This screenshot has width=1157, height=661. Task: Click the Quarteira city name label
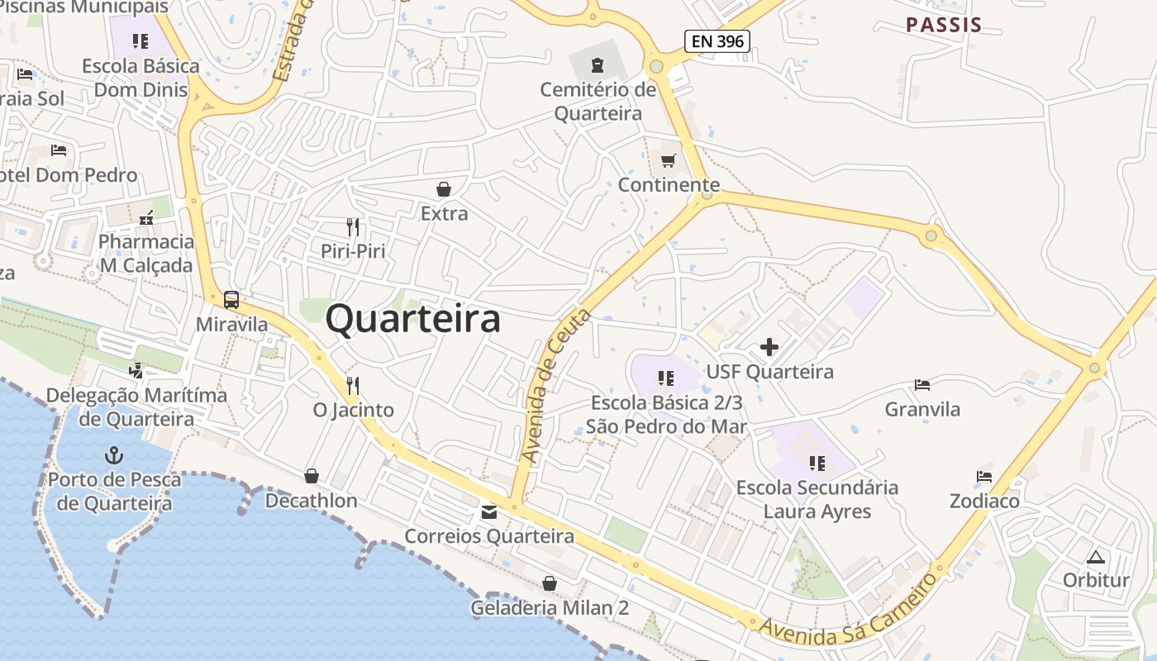coord(412,319)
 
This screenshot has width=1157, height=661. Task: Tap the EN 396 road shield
coord(717,40)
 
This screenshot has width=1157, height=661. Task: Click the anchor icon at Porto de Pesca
coord(114,454)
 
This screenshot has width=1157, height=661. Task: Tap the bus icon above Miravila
coord(231,300)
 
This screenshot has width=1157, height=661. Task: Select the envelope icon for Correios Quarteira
coord(489,512)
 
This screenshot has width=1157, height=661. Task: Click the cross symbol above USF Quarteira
coord(769,347)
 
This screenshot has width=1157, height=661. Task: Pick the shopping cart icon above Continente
coord(668,160)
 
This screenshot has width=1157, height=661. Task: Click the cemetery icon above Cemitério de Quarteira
coord(597,64)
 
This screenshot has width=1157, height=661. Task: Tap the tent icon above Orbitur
coord(1096,556)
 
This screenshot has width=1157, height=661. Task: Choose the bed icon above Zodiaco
coord(983,477)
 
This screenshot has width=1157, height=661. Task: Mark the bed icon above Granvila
coord(922,384)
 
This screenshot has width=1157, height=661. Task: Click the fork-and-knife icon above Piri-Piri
coord(353,226)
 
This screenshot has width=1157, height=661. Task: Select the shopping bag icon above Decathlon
coord(312,476)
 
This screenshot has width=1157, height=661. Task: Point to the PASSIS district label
coord(944,25)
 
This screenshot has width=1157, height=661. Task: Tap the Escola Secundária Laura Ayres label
coord(817,499)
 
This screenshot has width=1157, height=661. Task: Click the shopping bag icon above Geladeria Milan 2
coord(550,584)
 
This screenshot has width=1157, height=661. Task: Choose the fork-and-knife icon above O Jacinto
coord(353,385)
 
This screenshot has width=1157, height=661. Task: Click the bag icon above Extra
coord(444,189)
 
